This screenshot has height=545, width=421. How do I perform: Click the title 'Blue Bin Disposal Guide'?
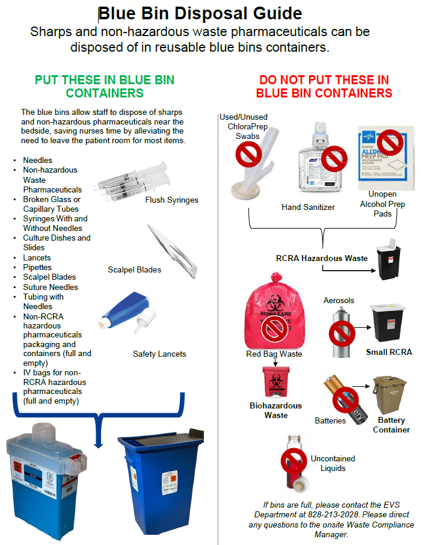coord(200,13)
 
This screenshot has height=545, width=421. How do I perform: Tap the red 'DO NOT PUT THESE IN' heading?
coord(324,80)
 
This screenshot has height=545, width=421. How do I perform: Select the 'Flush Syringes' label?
coord(171,200)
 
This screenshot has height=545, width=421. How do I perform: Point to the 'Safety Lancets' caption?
coord(159,354)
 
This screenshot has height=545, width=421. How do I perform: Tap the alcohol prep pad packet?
coord(386,155)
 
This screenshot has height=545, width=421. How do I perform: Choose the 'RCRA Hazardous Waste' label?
coord(322,259)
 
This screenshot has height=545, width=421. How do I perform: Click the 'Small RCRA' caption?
coord(389,352)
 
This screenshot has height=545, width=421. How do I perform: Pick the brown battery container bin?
coord(391,395)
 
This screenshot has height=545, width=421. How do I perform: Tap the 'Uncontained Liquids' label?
coord(333,463)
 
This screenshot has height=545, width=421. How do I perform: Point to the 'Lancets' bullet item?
coord(37,257)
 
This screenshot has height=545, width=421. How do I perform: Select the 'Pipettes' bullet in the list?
coord(37,267)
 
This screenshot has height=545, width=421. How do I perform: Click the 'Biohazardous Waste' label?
coord(276,410)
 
